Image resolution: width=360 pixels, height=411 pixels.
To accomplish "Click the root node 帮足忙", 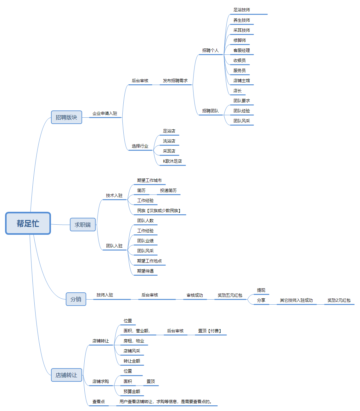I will (28, 223).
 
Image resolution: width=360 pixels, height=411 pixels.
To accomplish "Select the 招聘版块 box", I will (66, 117).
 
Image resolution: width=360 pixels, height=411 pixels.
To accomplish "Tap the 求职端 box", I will (82, 225).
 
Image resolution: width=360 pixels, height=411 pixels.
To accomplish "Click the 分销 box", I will (76, 299).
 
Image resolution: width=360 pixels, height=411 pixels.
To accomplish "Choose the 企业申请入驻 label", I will (105, 114).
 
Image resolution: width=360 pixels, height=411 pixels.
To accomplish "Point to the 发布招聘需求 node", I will (175, 81).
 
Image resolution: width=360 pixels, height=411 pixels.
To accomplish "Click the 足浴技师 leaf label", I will (242, 10).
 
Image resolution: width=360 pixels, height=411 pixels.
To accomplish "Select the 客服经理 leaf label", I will (242, 50).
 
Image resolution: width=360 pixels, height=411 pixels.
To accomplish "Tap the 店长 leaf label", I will (238, 91).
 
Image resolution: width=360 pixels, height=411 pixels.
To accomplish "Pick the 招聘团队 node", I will (211, 111).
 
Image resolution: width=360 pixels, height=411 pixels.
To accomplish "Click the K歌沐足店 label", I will (172, 161).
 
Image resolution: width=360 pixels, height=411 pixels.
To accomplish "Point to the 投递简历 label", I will (168, 190).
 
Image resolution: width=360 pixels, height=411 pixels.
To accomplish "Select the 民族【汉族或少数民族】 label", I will (159, 211).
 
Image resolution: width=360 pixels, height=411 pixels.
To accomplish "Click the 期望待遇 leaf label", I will (145, 271).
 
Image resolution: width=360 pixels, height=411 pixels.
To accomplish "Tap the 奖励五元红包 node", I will (230, 295).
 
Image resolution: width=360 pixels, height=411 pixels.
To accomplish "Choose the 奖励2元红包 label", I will (339, 300).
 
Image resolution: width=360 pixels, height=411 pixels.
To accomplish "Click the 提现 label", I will (261, 290).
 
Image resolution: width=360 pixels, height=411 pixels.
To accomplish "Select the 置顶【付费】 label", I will (210, 331).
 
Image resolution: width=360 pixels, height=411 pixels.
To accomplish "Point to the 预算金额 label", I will (132, 391).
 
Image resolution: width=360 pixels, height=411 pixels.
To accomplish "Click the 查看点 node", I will (98, 402).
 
